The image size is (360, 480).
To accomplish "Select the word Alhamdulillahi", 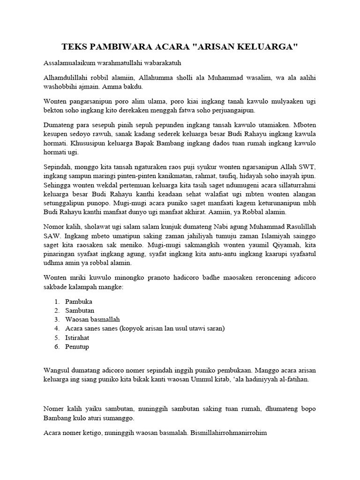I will click(x=65, y=78).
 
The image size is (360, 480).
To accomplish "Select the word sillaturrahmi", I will click(x=296, y=185).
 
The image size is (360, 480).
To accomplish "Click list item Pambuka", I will click(x=79, y=301).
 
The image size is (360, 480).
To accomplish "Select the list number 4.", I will click(x=56, y=328).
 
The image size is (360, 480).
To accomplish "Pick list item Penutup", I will click(x=77, y=346).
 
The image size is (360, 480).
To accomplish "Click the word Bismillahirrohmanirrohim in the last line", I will click(x=229, y=433).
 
